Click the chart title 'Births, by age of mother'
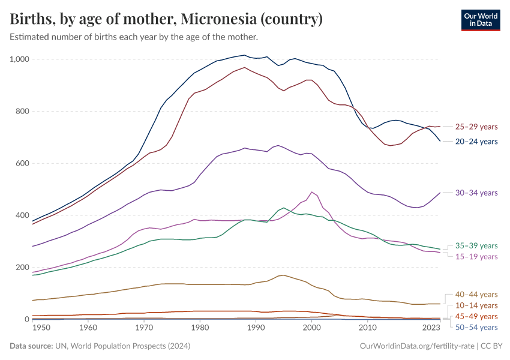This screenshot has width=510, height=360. coord(167,19)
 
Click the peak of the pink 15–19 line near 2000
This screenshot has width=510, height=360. coord(311,192)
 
